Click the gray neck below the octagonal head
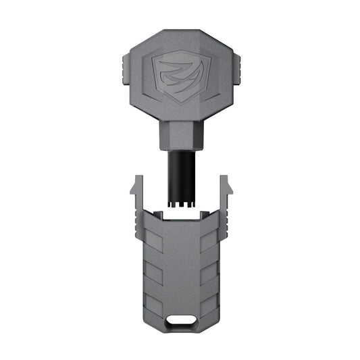pos(180,134)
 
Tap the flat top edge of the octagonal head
pos(180,32)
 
